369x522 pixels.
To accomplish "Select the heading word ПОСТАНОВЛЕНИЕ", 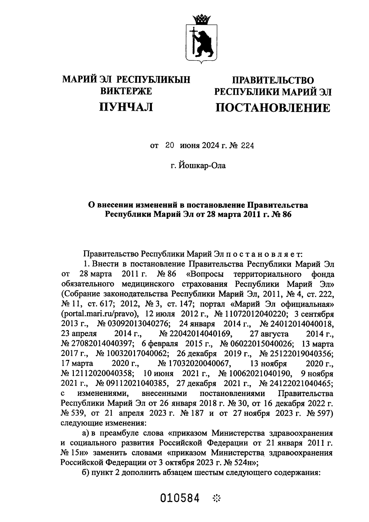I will click(272, 108).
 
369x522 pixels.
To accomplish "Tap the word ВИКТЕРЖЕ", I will click(126, 91).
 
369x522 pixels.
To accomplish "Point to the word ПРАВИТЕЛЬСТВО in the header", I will click(273, 80).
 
